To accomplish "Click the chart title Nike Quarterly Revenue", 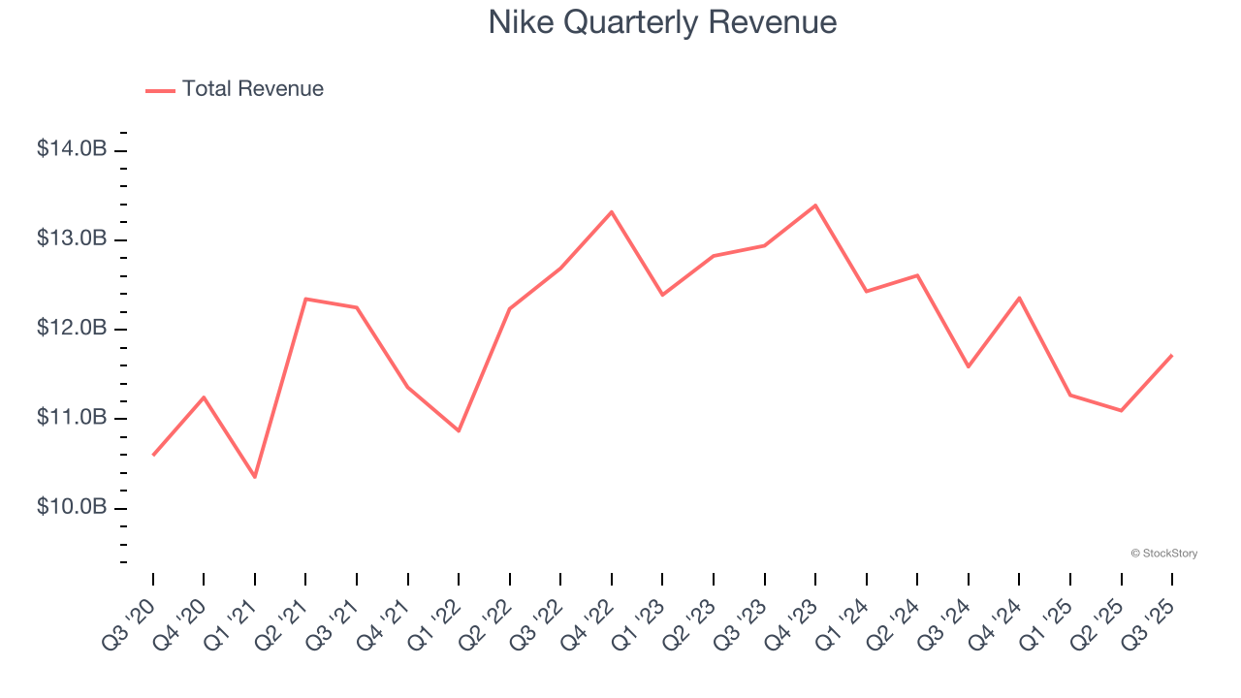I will (662, 22).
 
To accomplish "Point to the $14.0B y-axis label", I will (72, 149).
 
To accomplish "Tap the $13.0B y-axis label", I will (72, 239).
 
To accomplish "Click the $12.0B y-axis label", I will (72, 329).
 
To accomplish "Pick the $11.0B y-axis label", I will (72, 418).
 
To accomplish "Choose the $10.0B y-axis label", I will (72, 507).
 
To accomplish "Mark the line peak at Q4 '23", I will (815, 206).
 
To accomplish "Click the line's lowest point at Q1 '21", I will (255, 477).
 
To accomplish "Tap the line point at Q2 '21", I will (305, 299).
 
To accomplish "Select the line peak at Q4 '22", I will (612, 211).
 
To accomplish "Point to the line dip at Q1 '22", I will (459, 430).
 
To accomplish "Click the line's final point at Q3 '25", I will (1172, 355).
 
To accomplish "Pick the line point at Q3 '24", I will (969, 366).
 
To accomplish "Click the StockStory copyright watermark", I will (1163, 554).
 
